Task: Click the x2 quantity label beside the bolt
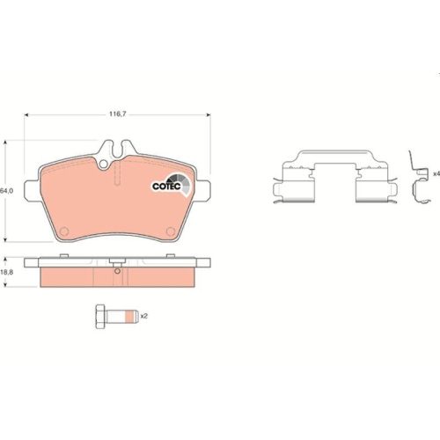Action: point(143,315)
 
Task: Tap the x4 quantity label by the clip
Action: point(435,173)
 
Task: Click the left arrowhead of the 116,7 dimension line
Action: point(28,114)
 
